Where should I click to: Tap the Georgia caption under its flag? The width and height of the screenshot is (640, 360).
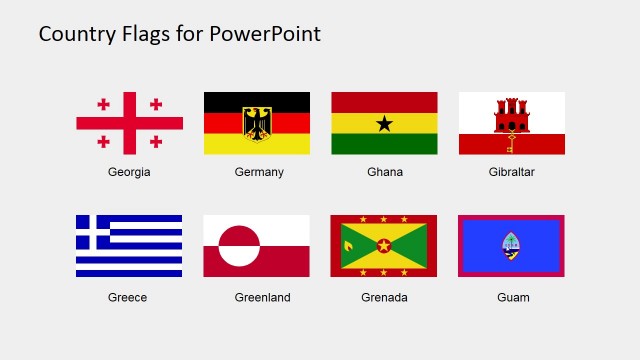[129, 172]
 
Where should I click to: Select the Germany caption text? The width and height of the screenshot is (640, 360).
[259, 172]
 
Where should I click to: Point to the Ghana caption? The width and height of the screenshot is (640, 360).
[385, 172]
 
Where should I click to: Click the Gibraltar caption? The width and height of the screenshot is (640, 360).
[512, 172]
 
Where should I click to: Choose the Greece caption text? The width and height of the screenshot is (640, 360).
[128, 297]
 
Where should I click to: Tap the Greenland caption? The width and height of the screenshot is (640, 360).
[262, 297]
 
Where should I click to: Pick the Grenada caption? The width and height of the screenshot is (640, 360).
[384, 297]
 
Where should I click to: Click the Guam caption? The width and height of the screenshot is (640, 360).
[513, 297]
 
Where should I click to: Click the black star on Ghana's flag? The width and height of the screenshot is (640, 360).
[384, 123]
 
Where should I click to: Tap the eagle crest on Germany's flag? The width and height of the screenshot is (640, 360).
[257, 122]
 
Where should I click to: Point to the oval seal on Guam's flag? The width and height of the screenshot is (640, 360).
[511, 246]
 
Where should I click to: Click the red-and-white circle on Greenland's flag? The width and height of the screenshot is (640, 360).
[239, 246]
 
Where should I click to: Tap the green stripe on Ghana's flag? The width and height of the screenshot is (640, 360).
[384, 145]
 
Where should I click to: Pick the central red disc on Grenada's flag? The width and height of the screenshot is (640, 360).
[384, 246]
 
